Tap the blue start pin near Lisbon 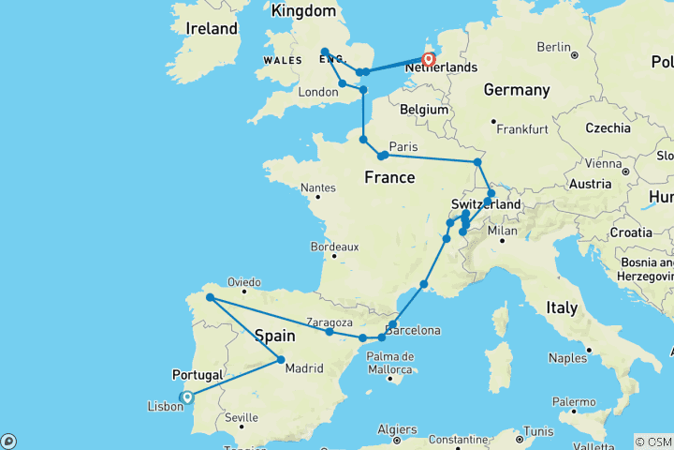[186, 397]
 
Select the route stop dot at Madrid [281, 360]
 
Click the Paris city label [403, 147]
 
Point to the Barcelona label [412, 330]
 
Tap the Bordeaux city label [334, 247]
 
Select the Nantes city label [318, 187]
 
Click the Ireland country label [212, 28]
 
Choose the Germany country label [516, 90]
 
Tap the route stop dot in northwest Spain [211, 298]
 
